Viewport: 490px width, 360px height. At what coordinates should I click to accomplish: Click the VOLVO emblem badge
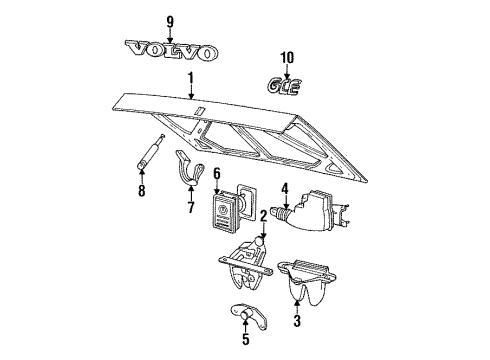coord(169,51)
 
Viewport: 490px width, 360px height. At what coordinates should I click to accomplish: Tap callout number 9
coord(168,21)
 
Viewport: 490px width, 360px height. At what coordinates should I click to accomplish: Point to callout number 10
coord(287,57)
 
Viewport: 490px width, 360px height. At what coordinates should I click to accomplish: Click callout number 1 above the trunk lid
coord(191,78)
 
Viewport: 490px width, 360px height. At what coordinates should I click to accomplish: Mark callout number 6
coord(215,173)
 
